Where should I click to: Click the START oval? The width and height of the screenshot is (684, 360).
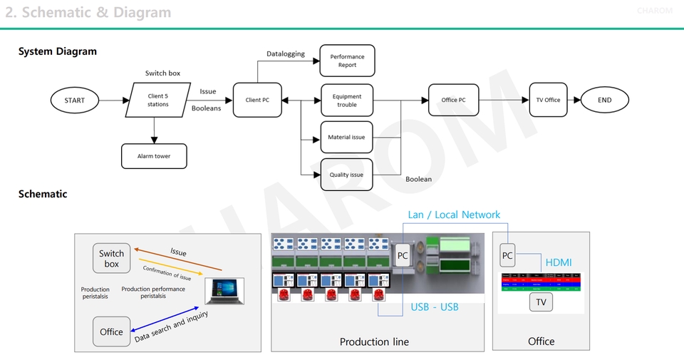click(x=74, y=101)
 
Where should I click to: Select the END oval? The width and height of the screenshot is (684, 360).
click(x=605, y=101)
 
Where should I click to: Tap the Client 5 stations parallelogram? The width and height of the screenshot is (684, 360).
click(x=158, y=101)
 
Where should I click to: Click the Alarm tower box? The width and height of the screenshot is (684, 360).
click(x=154, y=156)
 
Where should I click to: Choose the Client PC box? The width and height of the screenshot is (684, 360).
click(x=257, y=101)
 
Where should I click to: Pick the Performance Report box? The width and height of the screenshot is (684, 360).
click(x=347, y=61)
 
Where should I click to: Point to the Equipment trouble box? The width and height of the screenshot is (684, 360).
click(x=347, y=101)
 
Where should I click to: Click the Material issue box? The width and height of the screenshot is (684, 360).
click(x=347, y=137)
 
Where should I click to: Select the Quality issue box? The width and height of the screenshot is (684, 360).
click(x=347, y=175)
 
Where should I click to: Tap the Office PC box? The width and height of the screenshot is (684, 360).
click(x=453, y=101)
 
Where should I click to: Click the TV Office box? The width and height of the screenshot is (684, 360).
click(x=548, y=101)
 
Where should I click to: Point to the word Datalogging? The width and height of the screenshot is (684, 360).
click(x=286, y=53)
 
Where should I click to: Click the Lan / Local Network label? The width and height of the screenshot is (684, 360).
click(x=454, y=215)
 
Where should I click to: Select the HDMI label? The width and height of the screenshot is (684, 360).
click(x=559, y=263)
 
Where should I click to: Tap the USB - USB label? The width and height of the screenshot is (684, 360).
click(x=435, y=307)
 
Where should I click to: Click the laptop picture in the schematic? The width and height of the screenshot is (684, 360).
click(x=224, y=292)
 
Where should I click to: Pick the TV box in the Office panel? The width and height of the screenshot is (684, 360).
click(x=541, y=303)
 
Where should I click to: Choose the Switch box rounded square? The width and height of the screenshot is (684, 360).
click(x=111, y=258)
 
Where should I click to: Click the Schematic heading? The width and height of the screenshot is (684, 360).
click(x=43, y=194)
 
